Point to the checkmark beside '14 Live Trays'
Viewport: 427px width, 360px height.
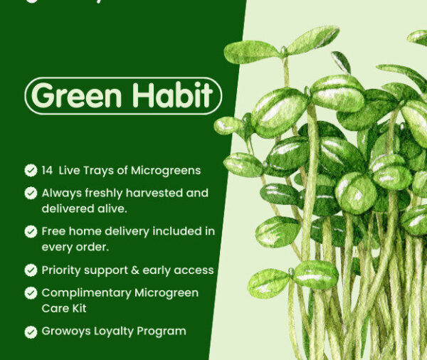(x=31, y=170)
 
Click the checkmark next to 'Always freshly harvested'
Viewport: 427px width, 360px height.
(x=31, y=193)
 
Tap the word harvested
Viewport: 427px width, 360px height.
(x=159, y=193)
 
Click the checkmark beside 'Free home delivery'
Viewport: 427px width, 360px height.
(x=31, y=231)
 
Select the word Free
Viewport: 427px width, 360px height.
(x=54, y=231)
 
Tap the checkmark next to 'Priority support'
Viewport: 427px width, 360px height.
(x=31, y=270)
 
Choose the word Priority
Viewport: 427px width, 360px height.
(x=63, y=270)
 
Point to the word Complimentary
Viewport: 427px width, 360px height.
(x=87, y=293)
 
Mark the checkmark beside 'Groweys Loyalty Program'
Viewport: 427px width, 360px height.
(x=31, y=332)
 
